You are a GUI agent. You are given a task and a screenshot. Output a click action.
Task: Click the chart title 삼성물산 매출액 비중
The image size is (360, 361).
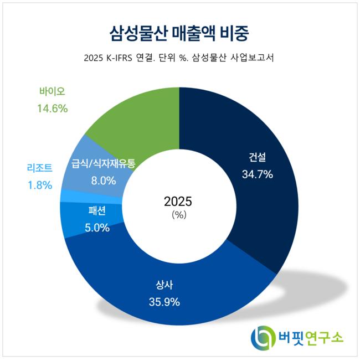click(x=179, y=34)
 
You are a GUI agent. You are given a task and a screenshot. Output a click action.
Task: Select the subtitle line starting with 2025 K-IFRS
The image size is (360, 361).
click(x=179, y=58)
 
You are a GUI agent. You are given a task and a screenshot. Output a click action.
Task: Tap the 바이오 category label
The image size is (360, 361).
click(x=52, y=91)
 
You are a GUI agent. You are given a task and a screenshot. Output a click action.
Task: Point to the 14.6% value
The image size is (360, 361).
click(x=53, y=108)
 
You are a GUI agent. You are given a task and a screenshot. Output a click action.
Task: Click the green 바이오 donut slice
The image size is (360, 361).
click(x=141, y=120)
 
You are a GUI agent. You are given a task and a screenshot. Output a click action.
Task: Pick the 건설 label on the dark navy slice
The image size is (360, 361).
click(x=258, y=157)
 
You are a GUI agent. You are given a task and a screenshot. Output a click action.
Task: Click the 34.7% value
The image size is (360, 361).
click(x=258, y=174)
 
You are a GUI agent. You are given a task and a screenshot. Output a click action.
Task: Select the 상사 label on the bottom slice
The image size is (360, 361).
click(x=164, y=285)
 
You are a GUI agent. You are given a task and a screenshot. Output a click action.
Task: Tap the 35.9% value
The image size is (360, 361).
click(x=164, y=302)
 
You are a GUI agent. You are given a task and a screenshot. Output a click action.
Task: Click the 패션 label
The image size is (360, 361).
click(x=97, y=210)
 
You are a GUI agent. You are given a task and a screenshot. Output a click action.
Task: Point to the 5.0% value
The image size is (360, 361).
click(x=97, y=228)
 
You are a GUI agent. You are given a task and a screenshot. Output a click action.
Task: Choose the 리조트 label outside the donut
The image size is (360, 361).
click(x=40, y=168)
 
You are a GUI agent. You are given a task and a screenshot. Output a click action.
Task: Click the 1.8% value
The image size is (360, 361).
click(x=40, y=185)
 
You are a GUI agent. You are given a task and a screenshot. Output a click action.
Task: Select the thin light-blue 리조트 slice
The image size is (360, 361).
click(x=91, y=197)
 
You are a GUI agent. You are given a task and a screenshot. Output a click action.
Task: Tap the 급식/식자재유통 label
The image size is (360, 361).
click(x=103, y=163)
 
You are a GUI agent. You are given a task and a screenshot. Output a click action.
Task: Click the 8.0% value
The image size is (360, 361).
click(x=104, y=180)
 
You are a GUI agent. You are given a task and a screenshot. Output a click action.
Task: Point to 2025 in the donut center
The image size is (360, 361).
click(x=178, y=202)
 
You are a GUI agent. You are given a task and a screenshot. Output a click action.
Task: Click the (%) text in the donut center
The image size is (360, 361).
click(x=179, y=215)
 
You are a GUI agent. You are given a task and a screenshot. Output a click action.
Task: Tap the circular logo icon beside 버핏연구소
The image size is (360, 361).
click(x=263, y=338)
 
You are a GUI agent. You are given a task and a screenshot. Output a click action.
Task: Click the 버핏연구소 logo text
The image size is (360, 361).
click(x=311, y=338)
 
